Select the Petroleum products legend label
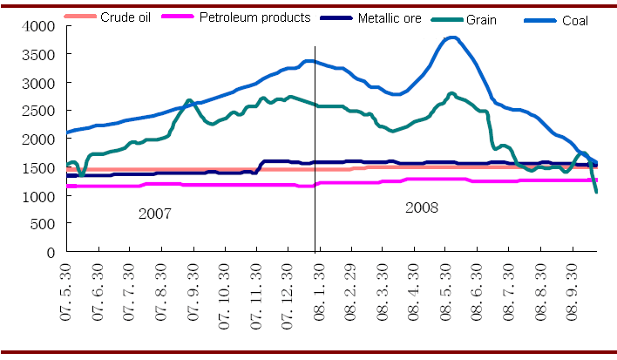click(254, 17)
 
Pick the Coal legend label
click(576, 20)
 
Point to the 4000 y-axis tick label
click(39, 27)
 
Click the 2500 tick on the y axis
click(39, 111)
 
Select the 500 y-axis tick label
click(43, 224)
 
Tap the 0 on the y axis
click(51, 252)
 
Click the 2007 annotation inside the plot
click(156, 212)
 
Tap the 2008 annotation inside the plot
click(422, 207)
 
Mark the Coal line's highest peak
click(451, 37)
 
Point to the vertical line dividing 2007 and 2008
click(315, 174)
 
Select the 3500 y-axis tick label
click(39, 55)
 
